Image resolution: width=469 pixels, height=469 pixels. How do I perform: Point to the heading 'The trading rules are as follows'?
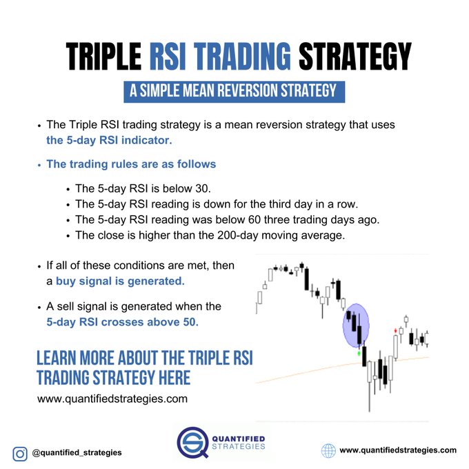coord(131,164)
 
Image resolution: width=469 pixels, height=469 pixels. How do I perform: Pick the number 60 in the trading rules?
coord(256,219)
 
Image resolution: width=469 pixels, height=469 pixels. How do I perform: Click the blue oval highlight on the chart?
coord(357,326)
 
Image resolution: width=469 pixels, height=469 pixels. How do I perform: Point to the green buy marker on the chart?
coord(359,352)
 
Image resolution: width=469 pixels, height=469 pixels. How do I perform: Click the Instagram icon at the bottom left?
coord(19,452)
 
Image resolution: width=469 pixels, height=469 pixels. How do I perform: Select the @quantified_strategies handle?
coord(77,452)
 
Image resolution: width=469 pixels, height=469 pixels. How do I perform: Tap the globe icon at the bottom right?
coord(328,450)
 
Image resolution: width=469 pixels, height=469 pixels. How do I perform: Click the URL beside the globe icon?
coord(398,450)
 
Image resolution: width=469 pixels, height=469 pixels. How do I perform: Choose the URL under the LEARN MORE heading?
coord(112,399)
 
